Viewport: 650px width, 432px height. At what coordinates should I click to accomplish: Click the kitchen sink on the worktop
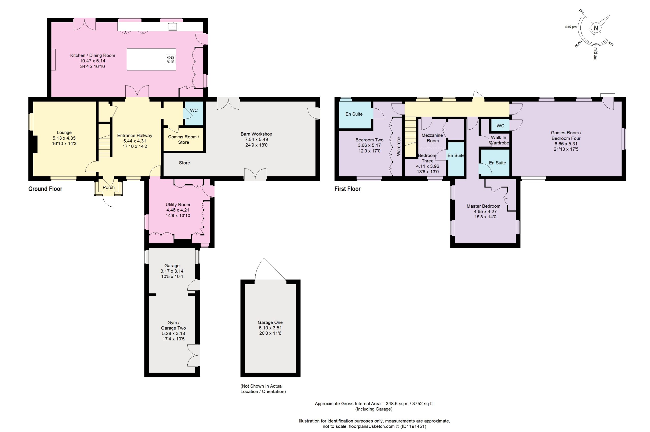point(173,27)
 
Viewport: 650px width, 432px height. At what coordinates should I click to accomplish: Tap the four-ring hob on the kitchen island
point(171,59)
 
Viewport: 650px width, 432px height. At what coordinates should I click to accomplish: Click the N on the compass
point(596,28)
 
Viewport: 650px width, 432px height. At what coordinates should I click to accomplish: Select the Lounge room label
point(64,132)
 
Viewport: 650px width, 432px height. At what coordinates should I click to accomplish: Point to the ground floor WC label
point(194,110)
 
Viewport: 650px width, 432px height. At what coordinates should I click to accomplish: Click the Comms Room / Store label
point(184,139)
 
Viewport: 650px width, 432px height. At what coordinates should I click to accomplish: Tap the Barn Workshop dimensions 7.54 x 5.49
point(256,139)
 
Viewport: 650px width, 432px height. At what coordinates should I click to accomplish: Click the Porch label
point(109,187)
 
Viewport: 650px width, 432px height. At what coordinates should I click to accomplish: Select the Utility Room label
point(178,205)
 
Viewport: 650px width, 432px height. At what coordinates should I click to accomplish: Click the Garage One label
point(270,322)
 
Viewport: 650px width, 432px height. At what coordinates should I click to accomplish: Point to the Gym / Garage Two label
point(173,325)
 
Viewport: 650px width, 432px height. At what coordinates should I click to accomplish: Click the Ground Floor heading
point(45,189)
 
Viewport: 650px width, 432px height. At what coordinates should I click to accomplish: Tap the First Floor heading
point(347,189)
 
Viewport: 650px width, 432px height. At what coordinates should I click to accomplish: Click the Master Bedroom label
point(483,206)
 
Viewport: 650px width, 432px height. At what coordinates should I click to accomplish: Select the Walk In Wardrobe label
point(499,140)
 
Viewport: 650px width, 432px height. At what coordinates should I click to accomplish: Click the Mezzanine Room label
point(432,138)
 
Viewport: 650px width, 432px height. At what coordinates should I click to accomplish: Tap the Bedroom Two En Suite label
point(354,114)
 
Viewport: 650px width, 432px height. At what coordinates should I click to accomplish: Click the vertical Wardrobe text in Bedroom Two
point(398,146)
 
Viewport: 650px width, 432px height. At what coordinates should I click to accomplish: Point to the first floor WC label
point(500,126)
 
